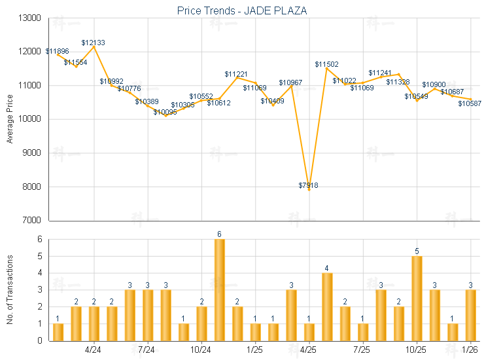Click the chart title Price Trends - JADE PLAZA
[x=242, y=10]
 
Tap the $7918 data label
[x=309, y=186]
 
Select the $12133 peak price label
[x=94, y=43]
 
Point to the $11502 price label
[x=326, y=64]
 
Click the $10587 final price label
[x=469, y=103]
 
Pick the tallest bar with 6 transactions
[x=220, y=289]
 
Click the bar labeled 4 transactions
[x=327, y=306]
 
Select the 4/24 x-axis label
[x=94, y=350]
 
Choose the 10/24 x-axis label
[x=201, y=350]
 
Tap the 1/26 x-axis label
[x=470, y=350]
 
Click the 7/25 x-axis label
[x=362, y=350]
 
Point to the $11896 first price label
[x=56, y=51]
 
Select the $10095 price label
[x=165, y=112]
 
